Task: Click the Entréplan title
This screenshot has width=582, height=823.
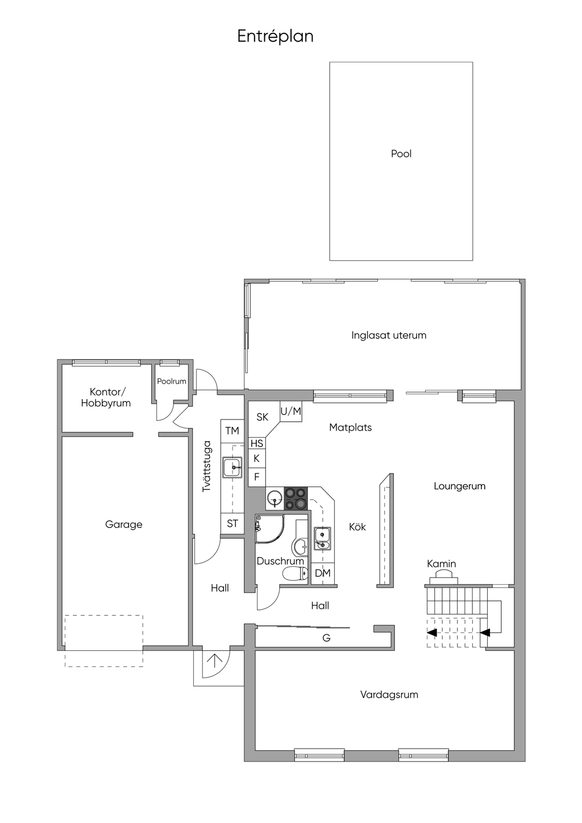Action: (275, 36)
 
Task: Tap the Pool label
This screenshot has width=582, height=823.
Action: (401, 153)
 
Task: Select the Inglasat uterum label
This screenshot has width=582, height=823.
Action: (388, 335)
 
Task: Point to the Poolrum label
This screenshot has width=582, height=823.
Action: (172, 381)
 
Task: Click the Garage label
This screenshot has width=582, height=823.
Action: (123, 525)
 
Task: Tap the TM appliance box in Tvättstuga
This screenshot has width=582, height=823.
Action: (232, 431)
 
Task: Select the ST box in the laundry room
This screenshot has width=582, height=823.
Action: (232, 523)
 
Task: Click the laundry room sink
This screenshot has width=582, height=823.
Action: (232, 468)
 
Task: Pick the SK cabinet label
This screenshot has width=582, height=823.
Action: (262, 417)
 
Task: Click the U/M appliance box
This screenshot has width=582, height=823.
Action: (290, 411)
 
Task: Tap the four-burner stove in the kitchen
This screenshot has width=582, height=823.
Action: (296, 498)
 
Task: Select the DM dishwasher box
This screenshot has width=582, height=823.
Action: (322, 573)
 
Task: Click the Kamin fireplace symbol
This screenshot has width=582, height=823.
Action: (442, 577)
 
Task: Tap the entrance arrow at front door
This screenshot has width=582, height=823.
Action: (214, 660)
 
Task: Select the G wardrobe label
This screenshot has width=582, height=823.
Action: (326, 638)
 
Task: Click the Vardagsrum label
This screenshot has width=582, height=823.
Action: (389, 695)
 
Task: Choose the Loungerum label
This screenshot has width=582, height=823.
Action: (459, 486)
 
